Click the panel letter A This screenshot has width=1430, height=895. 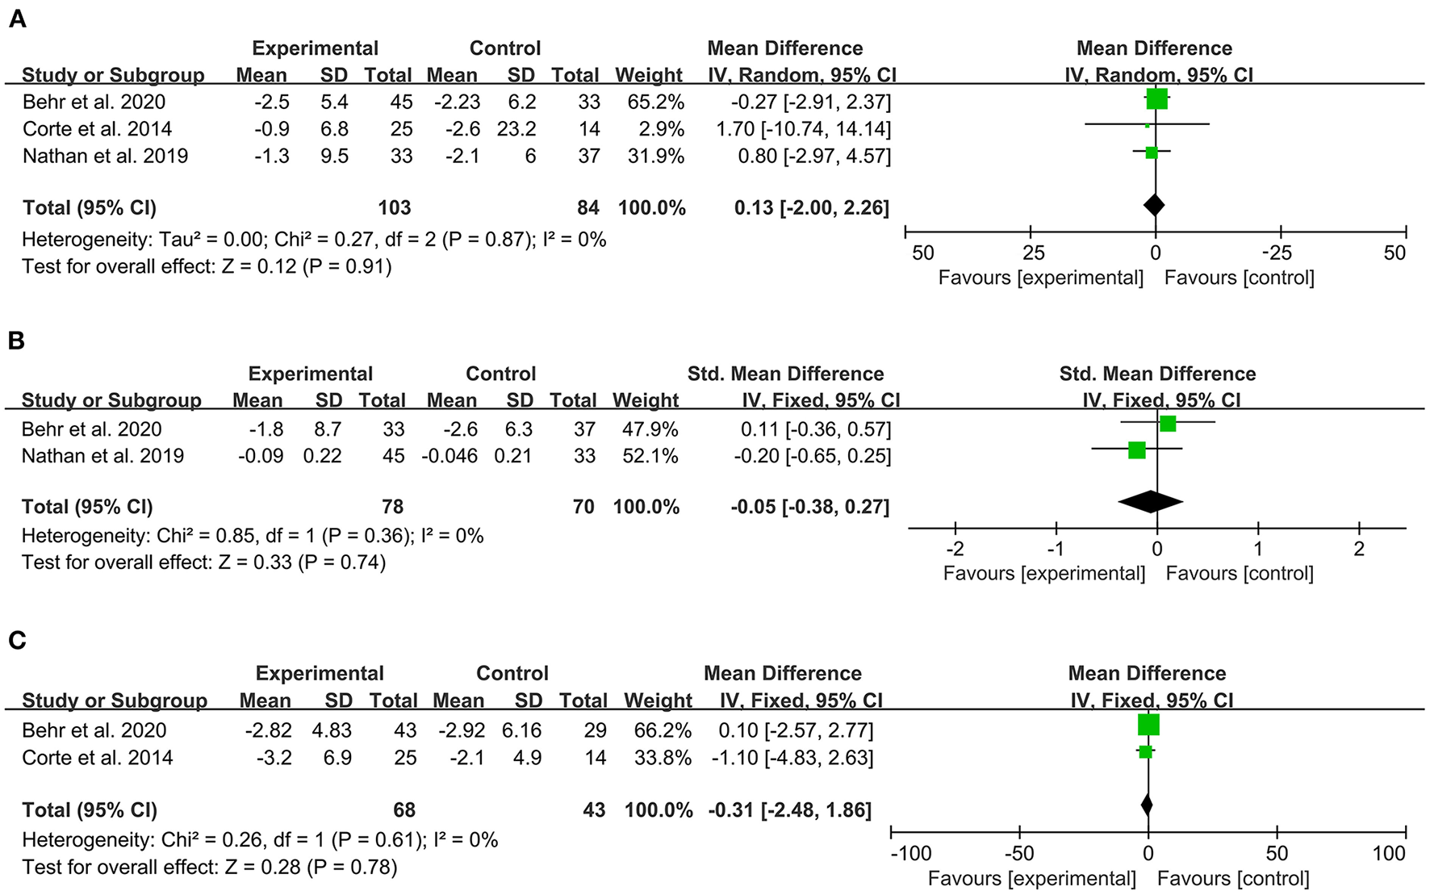17,19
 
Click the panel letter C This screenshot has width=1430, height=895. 17,641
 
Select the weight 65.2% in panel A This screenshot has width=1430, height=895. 655,102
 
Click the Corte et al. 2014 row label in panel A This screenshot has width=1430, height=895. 97,129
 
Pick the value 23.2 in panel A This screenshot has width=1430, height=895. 516,129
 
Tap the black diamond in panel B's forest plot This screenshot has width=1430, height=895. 1151,502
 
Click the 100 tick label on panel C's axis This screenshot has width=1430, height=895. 1388,854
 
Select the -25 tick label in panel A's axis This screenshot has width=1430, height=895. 1277,253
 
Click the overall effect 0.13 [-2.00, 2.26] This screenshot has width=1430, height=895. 811,208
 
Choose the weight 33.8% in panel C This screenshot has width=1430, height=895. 663,758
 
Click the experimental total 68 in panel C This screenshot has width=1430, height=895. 404,810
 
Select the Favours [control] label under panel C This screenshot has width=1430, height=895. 1233,879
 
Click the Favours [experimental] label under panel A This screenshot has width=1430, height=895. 1040,278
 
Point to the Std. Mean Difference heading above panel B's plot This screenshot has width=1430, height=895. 1157,374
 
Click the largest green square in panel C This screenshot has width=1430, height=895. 1148,725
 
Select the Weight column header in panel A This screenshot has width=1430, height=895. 649,76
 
